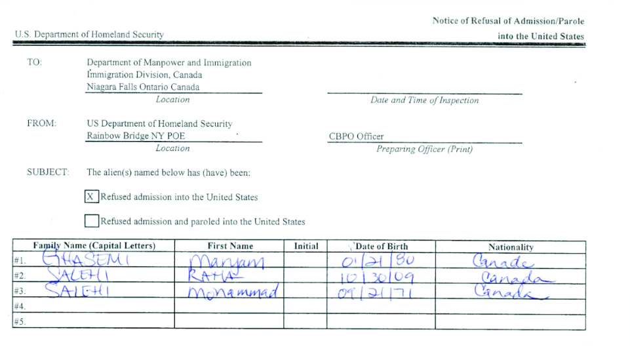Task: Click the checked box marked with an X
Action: (92, 197)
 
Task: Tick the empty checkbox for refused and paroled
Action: (92, 221)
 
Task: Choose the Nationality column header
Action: (511, 247)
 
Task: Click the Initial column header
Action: (305, 246)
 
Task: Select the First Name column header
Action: (230, 246)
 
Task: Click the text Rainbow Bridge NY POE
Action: (136, 136)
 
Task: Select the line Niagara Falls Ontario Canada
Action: (143, 87)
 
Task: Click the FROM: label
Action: (41, 123)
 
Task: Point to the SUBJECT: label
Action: (47, 172)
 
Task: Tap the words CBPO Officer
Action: (356, 136)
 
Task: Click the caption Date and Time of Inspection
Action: (424, 100)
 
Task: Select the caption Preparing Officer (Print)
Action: (424, 149)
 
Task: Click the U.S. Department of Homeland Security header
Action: (89, 34)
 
